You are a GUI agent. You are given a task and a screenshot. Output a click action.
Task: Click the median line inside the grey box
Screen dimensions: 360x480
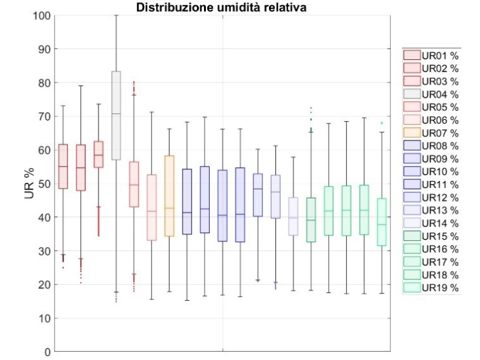click(x=116, y=113)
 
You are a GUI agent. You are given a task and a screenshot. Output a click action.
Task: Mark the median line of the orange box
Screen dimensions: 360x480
click(x=170, y=208)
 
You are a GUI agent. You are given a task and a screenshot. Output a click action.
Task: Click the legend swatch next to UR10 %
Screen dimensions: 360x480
click(x=412, y=171)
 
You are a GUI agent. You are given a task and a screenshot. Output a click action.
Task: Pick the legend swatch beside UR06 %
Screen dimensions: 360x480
click(x=412, y=120)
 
